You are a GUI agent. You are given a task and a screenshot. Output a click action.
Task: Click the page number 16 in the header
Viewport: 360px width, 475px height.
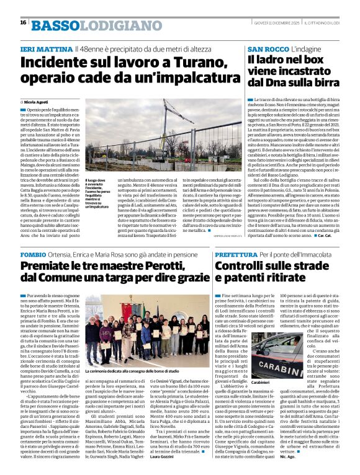click(23, 22)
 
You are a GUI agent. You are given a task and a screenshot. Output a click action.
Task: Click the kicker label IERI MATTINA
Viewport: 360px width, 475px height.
click(46, 48)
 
